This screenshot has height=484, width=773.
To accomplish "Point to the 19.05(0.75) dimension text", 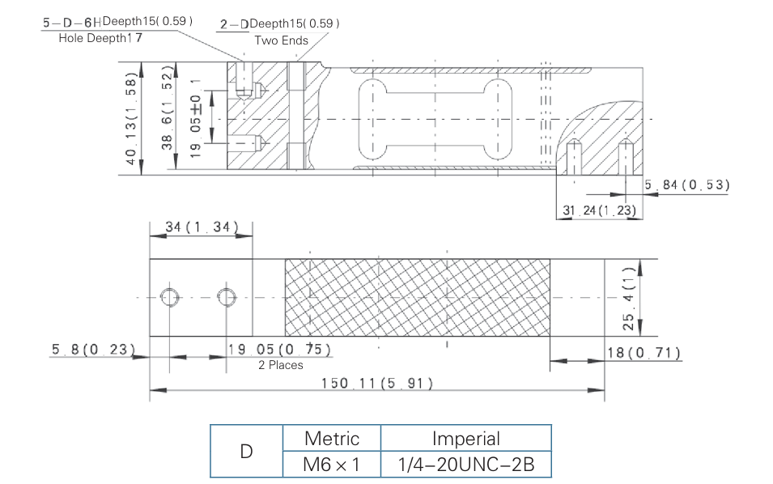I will pos(279,349).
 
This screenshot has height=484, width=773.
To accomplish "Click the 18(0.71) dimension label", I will pos(643,353).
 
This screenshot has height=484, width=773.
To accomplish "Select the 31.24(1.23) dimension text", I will pos(599,210).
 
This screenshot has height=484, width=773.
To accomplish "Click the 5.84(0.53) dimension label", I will pos(687,185).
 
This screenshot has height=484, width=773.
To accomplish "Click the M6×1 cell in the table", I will pos(331,465).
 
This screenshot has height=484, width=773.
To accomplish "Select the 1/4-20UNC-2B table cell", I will pos(465,465).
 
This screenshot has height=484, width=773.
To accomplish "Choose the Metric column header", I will pos(331,439).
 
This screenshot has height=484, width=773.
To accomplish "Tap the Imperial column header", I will pos(465,439).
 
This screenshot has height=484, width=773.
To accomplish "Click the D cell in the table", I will pos(246,452).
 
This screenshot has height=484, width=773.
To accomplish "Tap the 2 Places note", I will pos(281,365).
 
